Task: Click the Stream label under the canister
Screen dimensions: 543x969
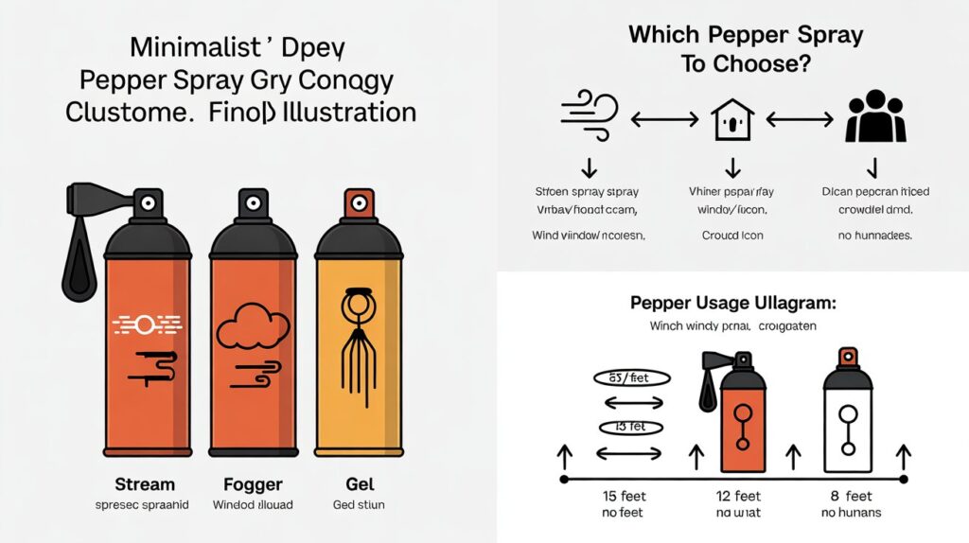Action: [144, 483]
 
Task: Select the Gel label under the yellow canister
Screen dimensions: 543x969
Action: [357, 483]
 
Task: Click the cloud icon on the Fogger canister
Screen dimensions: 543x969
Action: [251, 327]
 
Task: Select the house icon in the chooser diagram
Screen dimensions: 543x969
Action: [731, 120]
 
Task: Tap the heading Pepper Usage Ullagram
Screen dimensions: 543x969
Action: [732, 305]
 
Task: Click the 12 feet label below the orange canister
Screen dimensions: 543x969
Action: [738, 496]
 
